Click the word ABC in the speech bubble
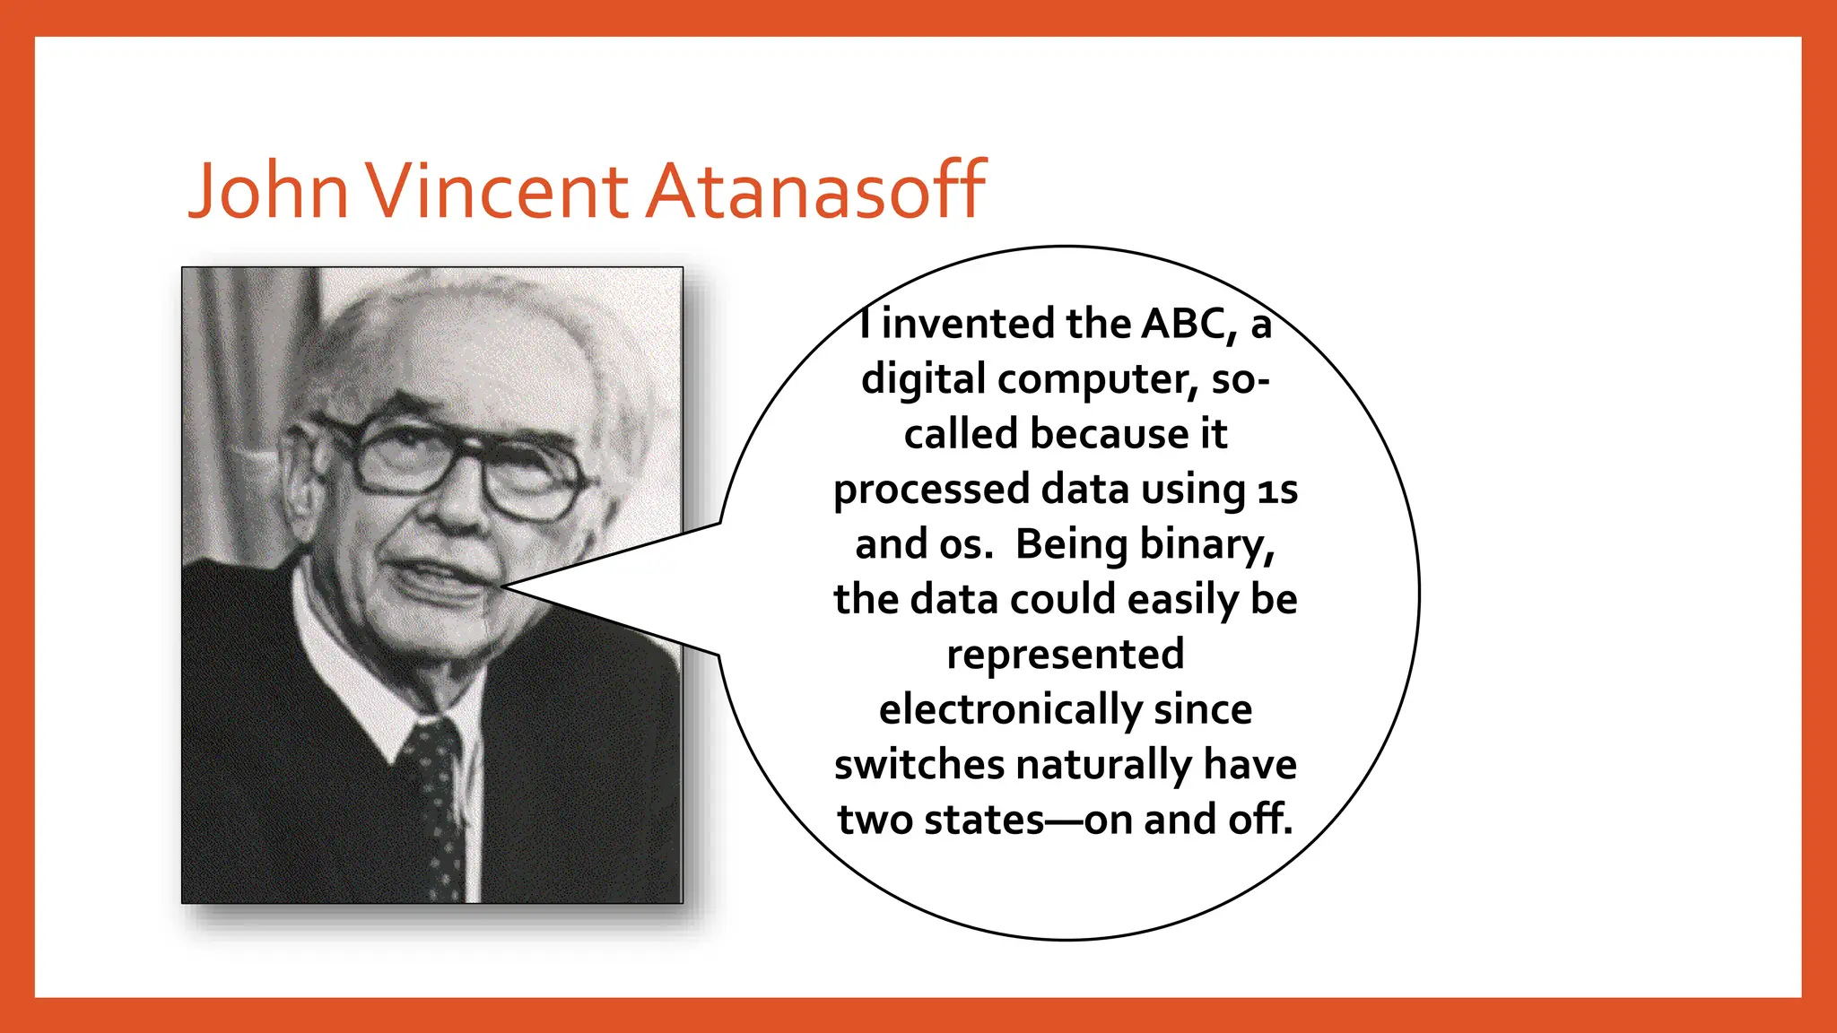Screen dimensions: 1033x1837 tap(1182, 324)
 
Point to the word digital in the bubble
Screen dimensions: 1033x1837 tap(924, 380)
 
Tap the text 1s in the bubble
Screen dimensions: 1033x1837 tap(1277, 490)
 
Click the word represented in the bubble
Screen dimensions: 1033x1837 tap(1066, 654)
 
